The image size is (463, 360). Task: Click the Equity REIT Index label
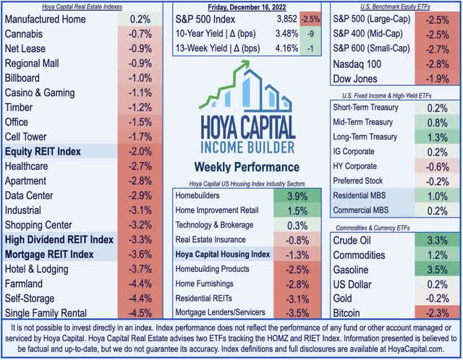tap(44, 152)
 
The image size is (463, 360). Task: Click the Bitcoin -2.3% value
tap(433, 313)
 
